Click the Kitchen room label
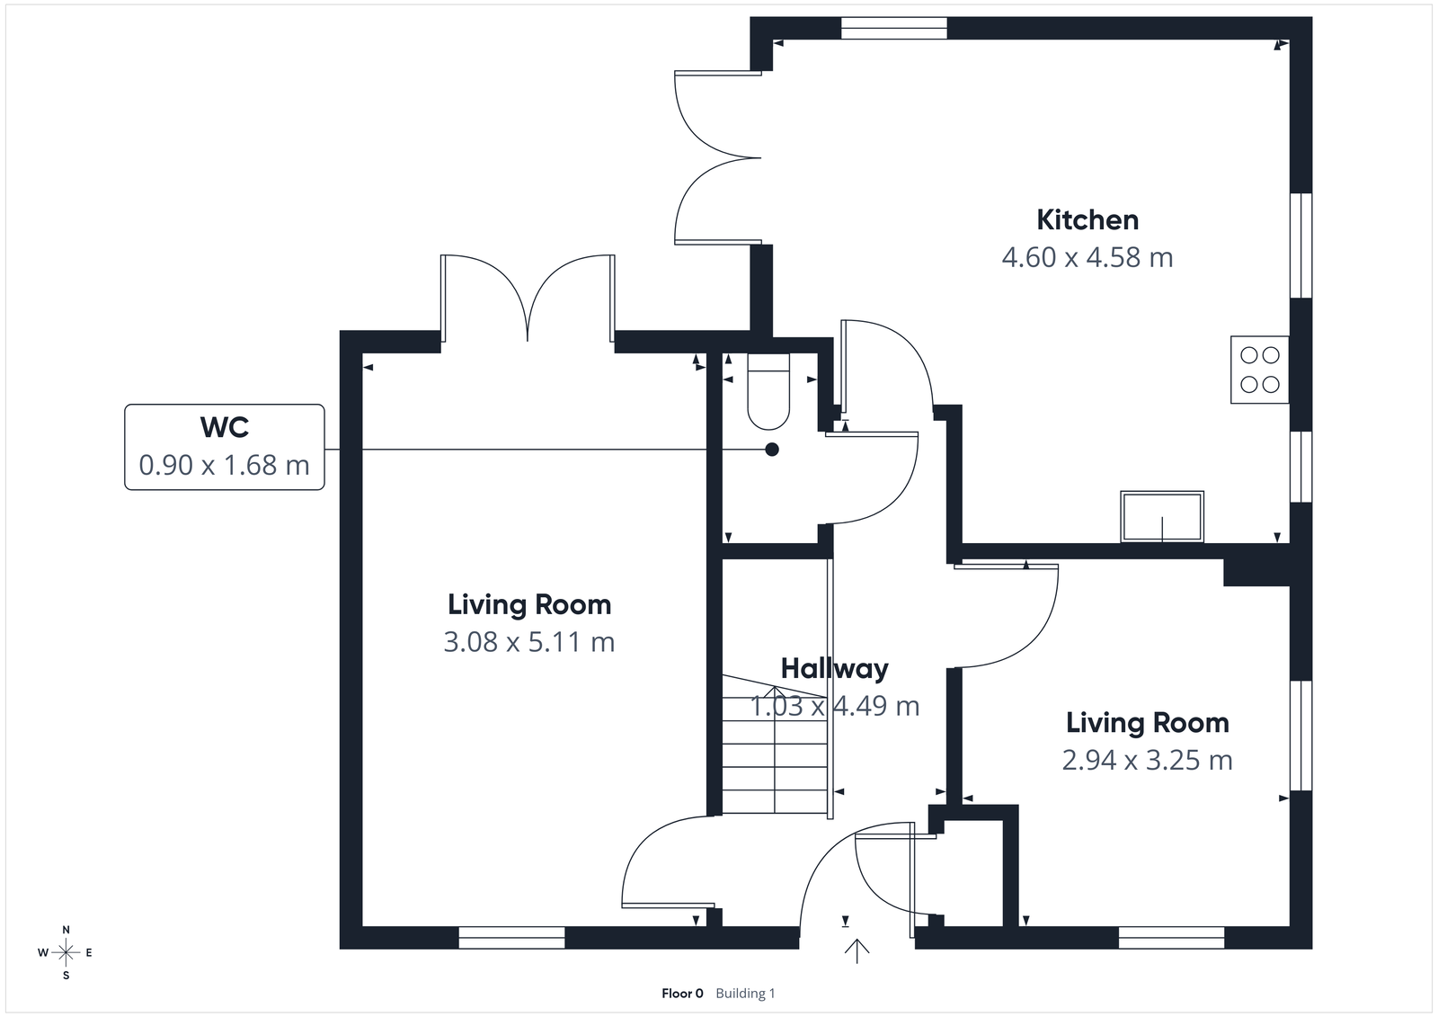click(1087, 219)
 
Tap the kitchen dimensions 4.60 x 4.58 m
click(1087, 258)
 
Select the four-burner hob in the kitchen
click(1259, 370)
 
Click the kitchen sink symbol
click(1161, 516)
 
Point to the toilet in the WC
click(768, 393)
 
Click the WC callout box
click(224, 447)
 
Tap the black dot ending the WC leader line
click(771, 450)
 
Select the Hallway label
click(834, 668)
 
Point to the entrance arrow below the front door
click(857, 950)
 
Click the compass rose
click(66, 952)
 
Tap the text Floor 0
click(682, 994)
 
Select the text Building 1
click(745, 994)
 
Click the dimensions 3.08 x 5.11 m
click(529, 642)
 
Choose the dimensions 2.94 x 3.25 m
click(1147, 761)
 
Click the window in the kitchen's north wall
click(893, 29)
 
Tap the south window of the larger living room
click(511, 938)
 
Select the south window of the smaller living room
click(1171, 938)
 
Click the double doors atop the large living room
click(528, 297)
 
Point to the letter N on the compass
click(66, 930)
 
